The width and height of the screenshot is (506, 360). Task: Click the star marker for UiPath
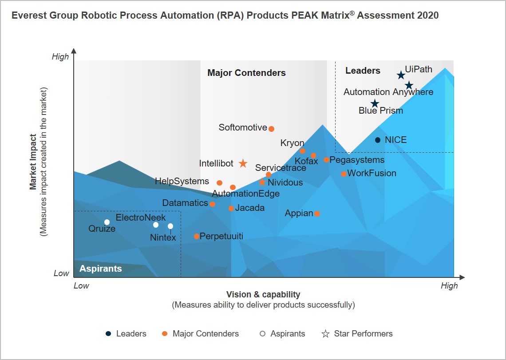click(x=401, y=75)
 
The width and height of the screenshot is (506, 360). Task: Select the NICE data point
click(x=378, y=140)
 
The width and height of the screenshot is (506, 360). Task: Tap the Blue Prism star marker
click(x=375, y=104)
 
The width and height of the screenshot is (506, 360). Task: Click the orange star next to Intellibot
click(x=243, y=163)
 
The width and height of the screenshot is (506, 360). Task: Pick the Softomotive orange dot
click(x=272, y=129)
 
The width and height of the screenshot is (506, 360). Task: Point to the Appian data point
click(x=317, y=214)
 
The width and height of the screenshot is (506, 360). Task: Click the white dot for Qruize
click(x=107, y=222)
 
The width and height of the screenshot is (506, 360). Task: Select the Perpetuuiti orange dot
click(x=197, y=236)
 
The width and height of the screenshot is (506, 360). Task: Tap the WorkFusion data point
click(x=344, y=174)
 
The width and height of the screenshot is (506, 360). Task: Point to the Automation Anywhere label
click(x=388, y=92)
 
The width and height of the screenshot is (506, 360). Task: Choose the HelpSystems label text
click(x=182, y=181)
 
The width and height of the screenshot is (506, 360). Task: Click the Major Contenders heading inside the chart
click(x=246, y=73)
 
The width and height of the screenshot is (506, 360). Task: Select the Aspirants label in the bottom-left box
click(x=100, y=269)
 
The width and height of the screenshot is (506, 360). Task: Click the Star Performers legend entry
click(x=363, y=333)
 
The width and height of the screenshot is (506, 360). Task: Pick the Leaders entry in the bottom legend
click(x=131, y=333)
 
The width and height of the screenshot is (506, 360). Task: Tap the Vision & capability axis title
click(x=263, y=294)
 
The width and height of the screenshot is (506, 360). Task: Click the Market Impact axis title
click(x=33, y=162)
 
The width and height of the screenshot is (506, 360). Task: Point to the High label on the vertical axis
click(x=60, y=57)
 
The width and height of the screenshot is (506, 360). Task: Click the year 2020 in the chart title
click(x=428, y=16)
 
